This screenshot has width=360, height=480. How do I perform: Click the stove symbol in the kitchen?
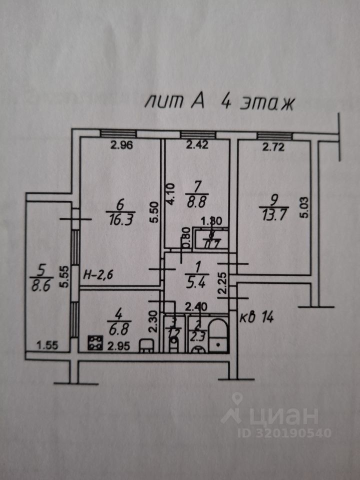click(93, 342)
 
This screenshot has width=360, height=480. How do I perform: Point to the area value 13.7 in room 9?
click(272, 211)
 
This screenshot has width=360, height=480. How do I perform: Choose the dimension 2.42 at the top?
click(197, 146)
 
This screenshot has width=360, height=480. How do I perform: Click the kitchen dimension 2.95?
click(115, 345)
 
